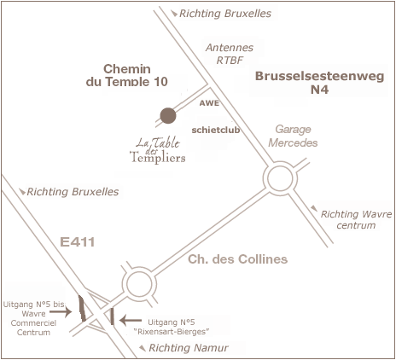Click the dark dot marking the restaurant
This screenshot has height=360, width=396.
(168, 116)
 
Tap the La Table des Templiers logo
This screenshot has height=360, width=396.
(158, 150)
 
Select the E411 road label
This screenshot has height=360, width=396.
(78, 242)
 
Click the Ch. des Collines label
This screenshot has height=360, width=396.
(238, 259)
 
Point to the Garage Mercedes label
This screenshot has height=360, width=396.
(293, 136)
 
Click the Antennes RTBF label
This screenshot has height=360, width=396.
(230, 54)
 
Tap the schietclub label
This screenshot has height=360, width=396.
(216, 130)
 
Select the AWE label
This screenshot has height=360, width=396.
(209, 103)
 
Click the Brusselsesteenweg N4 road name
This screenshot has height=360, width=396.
(320, 83)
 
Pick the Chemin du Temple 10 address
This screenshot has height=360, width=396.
(127, 75)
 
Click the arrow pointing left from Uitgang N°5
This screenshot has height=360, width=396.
(131, 321)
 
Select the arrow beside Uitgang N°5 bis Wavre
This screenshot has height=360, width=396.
(61, 312)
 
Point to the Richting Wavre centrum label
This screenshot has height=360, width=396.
(356, 219)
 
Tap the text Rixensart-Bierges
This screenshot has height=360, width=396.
(172, 332)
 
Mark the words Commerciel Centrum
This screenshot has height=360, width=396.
(33, 328)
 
